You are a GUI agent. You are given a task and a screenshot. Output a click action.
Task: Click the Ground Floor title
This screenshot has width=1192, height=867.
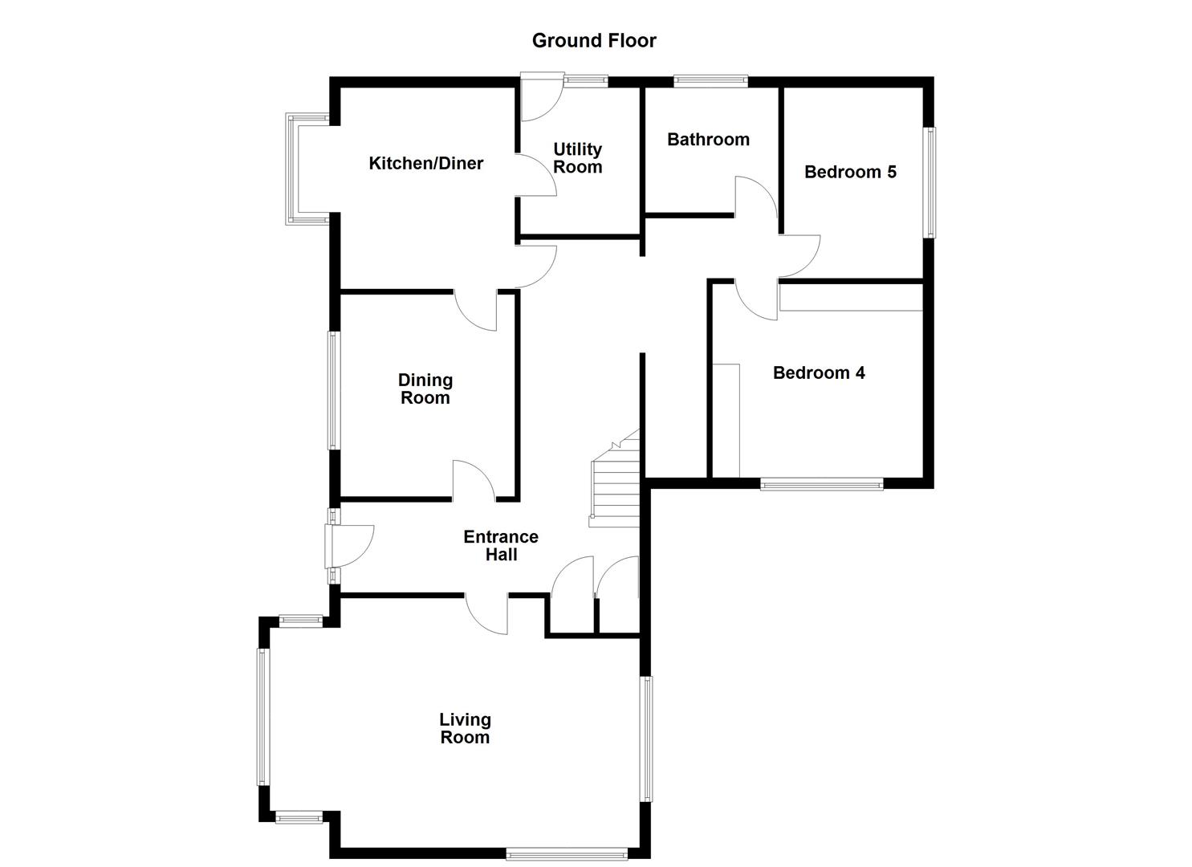(x=594, y=40)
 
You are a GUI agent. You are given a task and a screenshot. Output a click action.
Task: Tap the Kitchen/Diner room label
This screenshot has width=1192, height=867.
(x=425, y=164)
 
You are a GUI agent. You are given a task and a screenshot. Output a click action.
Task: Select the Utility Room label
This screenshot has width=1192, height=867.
(x=577, y=158)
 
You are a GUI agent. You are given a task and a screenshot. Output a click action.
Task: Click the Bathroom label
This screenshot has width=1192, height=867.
(x=708, y=140)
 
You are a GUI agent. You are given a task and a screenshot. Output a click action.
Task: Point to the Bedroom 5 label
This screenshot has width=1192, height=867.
(x=850, y=172)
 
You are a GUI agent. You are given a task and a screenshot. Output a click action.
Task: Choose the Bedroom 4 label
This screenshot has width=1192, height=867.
(x=819, y=372)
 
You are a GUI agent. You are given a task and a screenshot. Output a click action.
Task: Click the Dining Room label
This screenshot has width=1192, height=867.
(x=425, y=389)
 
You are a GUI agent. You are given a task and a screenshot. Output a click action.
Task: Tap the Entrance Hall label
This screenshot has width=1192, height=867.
(x=501, y=546)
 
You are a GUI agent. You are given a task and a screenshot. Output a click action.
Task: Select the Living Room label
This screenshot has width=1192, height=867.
(x=465, y=729)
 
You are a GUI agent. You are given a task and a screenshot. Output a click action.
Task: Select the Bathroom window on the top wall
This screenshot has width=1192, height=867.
(x=710, y=80)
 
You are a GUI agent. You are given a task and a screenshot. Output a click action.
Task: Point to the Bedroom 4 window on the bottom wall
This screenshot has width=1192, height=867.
(x=821, y=484)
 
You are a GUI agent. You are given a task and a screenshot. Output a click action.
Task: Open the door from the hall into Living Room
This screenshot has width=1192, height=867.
(x=487, y=614)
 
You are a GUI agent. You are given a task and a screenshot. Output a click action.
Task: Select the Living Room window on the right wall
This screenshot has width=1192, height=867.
(x=645, y=739)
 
